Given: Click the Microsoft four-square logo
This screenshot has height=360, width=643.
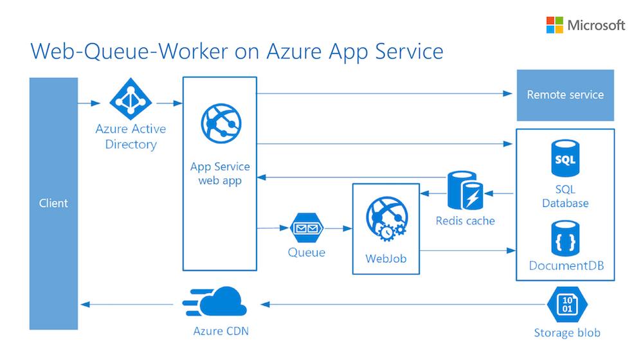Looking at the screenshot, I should coord(554,25).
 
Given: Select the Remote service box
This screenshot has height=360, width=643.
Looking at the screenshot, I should coord(565,95).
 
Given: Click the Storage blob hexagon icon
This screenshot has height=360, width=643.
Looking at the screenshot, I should coord(566,304).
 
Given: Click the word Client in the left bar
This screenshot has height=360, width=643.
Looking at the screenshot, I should coord(53,203).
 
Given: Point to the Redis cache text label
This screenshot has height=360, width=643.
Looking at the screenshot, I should coord(466,221).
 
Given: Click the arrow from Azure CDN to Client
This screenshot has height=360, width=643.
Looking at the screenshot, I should coord(129,303).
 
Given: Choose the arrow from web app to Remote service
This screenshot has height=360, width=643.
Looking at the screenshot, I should coord(386,94).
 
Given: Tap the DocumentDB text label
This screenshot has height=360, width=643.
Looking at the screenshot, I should coord(566,265).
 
